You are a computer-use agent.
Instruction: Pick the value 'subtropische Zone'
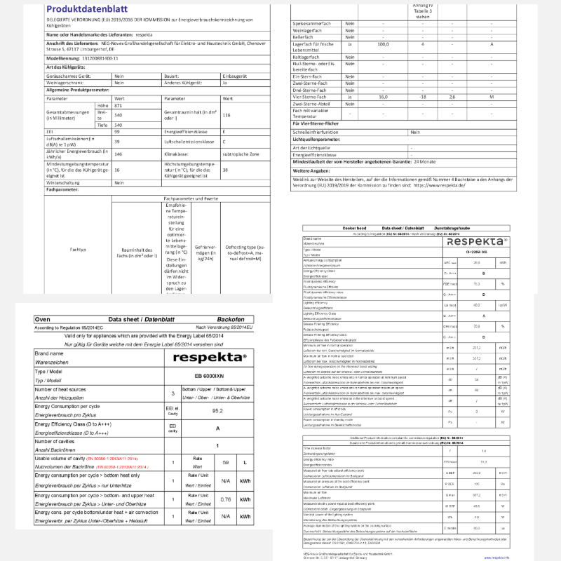(x=242, y=153)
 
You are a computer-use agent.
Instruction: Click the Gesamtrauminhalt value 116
(x=227, y=115)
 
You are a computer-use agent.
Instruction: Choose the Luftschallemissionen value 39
(x=117, y=141)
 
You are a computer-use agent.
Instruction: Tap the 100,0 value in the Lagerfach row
(x=384, y=44)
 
